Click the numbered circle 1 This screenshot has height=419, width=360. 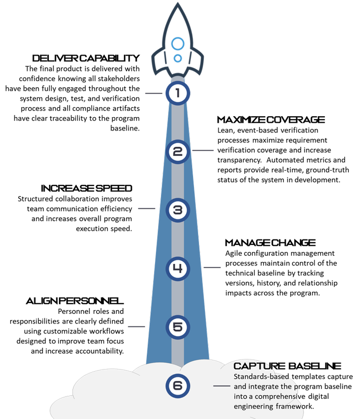(178, 93)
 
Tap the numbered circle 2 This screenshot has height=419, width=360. (178, 152)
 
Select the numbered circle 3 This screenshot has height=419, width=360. (178, 210)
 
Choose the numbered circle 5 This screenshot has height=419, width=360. (178, 327)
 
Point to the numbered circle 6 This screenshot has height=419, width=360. (178, 385)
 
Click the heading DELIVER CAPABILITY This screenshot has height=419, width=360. (86, 58)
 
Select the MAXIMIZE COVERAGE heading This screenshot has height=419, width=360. (271, 120)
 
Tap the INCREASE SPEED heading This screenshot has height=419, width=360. (86, 189)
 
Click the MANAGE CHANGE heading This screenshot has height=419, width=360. (270, 243)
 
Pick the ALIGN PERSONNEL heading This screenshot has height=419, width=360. (75, 301)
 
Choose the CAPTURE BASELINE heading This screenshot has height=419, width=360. (288, 366)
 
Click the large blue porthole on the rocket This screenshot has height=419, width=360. (178, 44)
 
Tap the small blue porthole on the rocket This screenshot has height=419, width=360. (178, 58)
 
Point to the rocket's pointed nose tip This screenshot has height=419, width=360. (178, 3)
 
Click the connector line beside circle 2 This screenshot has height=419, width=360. (203, 150)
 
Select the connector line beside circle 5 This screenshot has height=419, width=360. (136, 326)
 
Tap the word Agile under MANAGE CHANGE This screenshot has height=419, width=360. (234, 253)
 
